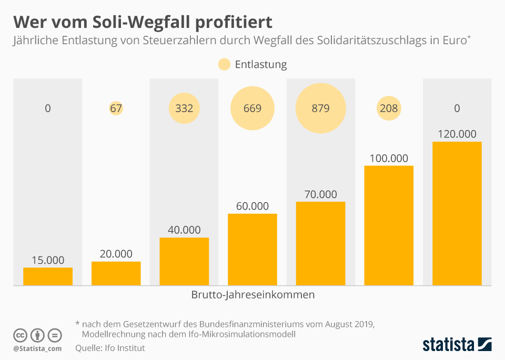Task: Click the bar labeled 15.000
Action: pos(48,276)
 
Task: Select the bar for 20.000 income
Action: pos(116,273)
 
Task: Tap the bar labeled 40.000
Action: pos(184,262)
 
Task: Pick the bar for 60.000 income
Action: pos(252,249)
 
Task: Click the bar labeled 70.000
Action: pos(320,243)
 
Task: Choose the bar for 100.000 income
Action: pos(389,225)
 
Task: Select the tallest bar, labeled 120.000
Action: pos(457,213)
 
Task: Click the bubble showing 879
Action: pos(320,108)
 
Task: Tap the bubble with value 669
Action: pos(252,108)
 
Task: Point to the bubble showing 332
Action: pos(184,108)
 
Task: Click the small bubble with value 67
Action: pos(116,108)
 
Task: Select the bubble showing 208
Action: pos(389,108)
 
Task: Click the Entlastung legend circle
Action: pos(224,65)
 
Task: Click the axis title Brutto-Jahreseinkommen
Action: pos(252,295)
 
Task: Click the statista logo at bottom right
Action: pos(457,345)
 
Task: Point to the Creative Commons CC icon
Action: pos(20,335)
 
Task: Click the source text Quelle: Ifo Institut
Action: pos(110,348)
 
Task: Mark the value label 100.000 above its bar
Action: pos(389,158)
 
